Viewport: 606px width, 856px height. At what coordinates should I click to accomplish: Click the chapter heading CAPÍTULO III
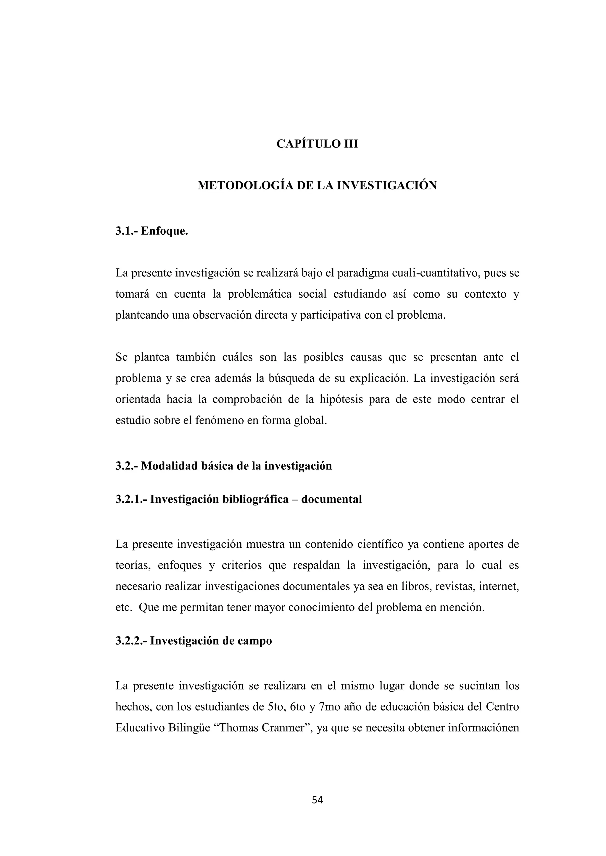(317, 144)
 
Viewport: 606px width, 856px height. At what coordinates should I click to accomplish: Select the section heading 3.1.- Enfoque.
(151, 231)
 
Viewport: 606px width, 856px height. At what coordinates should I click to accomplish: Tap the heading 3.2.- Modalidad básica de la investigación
(223, 466)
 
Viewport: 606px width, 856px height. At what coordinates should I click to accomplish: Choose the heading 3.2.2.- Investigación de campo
(194, 641)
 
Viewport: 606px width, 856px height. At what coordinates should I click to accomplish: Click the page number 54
(317, 800)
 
